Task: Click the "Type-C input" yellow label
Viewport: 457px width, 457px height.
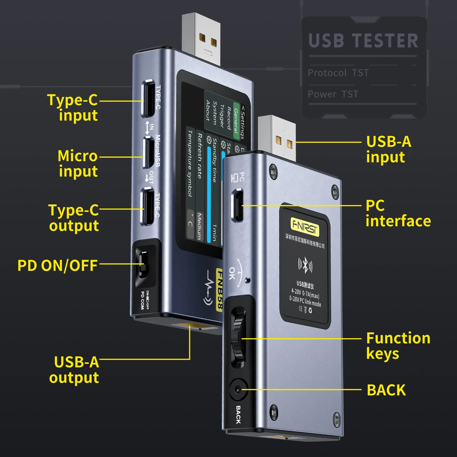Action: tap(72, 108)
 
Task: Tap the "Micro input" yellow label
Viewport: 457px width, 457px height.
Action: tap(78, 163)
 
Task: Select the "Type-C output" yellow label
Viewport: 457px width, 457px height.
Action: tap(73, 218)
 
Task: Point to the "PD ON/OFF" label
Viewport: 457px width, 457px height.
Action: tap(58, 265)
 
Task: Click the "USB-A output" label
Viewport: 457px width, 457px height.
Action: tap(74, 370)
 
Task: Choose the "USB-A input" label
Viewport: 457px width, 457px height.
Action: tap(388, 149)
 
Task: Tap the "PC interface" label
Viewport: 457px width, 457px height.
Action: tap(398, 213)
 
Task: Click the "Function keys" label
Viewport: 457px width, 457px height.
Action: tap(398, 346)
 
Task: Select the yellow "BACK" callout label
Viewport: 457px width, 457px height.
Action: tap(386, 390)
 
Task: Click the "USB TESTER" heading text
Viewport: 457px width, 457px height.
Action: tap(363, 41)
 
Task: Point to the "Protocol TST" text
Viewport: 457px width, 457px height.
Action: tap(338, 73)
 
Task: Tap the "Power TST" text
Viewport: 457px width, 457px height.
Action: tap(333, 94)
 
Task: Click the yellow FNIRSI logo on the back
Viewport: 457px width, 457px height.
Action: tap(305, 226)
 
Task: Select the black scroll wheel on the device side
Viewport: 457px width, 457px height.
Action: tap(238, 337)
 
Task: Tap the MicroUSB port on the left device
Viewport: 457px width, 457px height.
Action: tap(148, 152)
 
